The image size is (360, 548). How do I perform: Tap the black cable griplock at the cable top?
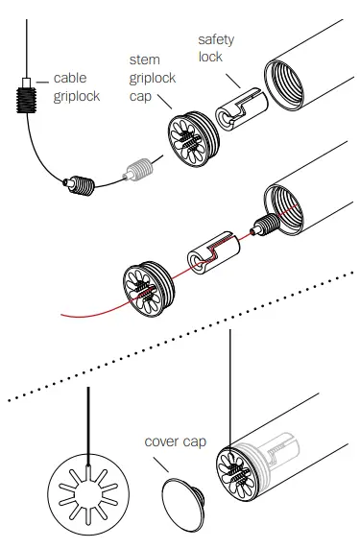click(x=26, y=99)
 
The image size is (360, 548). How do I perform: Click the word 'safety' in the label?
click(x=216, y=39)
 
